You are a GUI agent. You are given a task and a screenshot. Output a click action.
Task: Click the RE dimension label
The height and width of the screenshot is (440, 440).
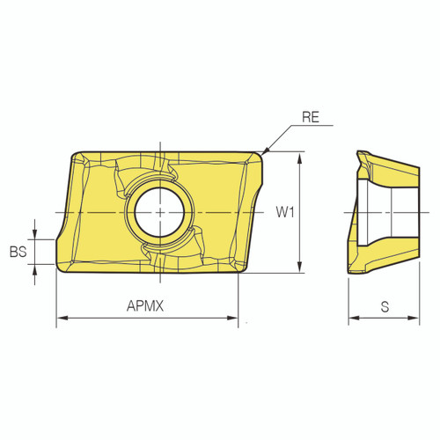click(310, 114)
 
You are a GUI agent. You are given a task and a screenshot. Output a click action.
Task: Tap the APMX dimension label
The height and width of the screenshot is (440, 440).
click(146, 306)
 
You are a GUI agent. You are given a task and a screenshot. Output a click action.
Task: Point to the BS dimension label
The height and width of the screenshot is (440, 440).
click(18, 252)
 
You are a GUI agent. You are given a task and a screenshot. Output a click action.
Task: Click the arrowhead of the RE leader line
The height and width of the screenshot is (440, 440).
click(265, 152)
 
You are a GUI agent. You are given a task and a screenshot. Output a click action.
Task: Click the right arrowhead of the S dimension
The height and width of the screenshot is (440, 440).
click(414, 318)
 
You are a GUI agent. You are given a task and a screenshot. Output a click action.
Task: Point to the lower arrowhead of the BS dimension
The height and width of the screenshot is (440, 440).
click(34, 269)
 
